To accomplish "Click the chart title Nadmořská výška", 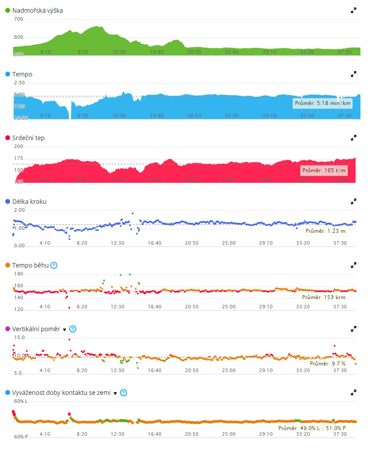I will (x=37, y=11).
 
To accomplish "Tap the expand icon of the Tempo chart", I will (x=353, y=74).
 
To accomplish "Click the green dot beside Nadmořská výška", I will (x=8, y=11).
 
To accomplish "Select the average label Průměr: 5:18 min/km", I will (x=323, y=103).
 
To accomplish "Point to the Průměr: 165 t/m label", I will (x=324, y=170).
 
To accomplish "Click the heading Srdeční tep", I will (x=28, y=138).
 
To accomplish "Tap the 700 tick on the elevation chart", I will (x=18, y=19).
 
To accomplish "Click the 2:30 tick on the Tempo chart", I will (x=19, y=83).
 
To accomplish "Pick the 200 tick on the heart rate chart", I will (x=18, y=147).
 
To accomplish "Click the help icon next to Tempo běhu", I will (x=54, y=265).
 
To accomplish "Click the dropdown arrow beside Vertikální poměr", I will (x=65, y=329).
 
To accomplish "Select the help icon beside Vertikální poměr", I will (x=73, y=329).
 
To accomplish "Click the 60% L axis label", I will (x=21, y=401).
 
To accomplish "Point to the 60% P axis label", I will (x=21, y=437).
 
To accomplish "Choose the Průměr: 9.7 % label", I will (x=328, y=364).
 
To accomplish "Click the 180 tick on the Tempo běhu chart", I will (x=18, y=274).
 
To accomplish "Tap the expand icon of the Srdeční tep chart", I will (x=353, y=138).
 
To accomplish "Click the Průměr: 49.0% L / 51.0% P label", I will (x=312, y=427).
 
